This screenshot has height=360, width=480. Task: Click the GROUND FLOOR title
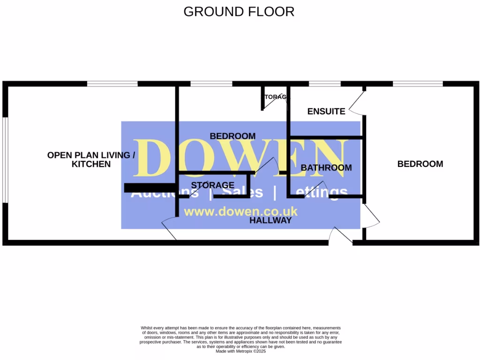pos(239,12)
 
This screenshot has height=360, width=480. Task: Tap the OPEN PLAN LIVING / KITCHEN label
pos(91,159)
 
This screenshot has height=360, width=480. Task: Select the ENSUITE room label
pos(326,112)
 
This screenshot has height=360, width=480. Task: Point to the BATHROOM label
pos(326,168)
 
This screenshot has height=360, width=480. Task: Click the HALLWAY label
pos(270,220)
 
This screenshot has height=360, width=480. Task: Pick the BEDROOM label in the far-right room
pos(420,164)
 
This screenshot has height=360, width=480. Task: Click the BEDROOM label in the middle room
pos(232,136)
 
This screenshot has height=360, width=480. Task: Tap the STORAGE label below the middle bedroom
pos(213,186)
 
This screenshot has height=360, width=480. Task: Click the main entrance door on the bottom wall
pos(341,236)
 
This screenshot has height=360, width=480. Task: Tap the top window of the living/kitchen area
pos(112,84)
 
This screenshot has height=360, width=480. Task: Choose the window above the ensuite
pos(324,84)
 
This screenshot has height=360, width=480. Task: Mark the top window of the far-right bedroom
pos(418,84)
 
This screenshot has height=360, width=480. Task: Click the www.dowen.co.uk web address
pos(240,211)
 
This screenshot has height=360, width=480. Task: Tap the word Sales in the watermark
pos(242,193)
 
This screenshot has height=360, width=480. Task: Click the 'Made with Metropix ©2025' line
pos(240,351)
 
